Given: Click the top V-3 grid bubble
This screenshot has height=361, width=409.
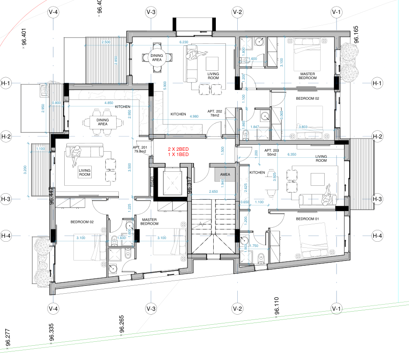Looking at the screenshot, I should [x=151, y=12].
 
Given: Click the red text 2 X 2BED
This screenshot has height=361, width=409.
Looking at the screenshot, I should [x=178, y=149].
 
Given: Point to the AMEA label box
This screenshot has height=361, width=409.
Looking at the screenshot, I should [x=225, y=174].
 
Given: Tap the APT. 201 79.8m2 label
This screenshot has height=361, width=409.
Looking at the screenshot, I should [x=140, y=150].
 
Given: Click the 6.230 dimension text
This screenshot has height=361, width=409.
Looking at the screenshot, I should [x=184, y=42].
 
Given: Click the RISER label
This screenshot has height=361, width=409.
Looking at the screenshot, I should [x=152, y=181].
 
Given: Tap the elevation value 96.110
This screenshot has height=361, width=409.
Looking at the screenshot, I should [x=277, y=312].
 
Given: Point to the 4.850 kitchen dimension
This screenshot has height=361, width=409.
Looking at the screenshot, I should [x=109, y=103].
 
